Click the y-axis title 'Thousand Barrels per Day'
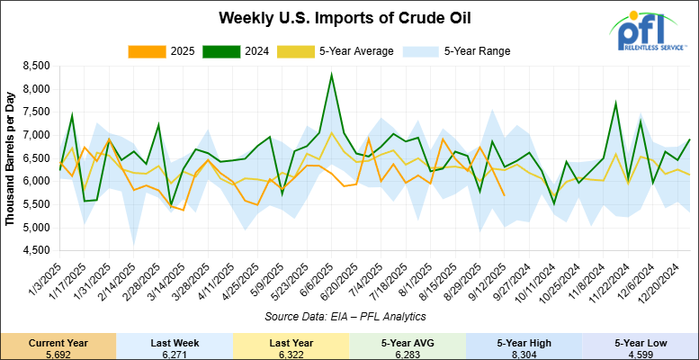pos(11,157)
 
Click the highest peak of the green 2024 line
pos(332,75)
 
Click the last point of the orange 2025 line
pos(504,195)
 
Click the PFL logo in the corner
pos(650,33)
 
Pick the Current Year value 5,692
pos(58,353)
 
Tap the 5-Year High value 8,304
pos(524,353)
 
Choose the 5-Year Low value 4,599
pos(640,353)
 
